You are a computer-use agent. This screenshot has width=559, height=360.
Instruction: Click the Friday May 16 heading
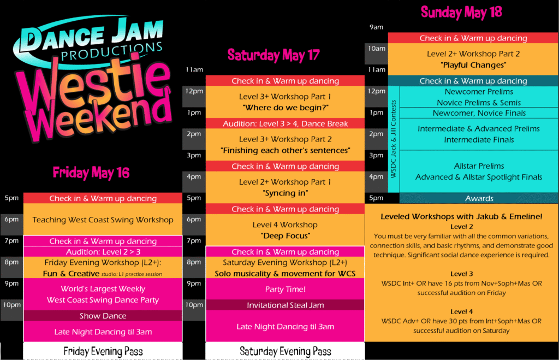(91, 173)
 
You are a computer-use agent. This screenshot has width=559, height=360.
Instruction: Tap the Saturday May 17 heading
(273, 55)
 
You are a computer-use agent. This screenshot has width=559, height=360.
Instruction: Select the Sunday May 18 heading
(461, 12)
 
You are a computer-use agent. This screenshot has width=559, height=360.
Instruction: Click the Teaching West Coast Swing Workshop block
(103, 220)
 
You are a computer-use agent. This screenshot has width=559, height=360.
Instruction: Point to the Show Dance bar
(103, 316)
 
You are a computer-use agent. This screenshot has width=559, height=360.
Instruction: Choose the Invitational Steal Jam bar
(285, 305)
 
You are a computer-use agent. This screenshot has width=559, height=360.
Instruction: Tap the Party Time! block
(285, 289)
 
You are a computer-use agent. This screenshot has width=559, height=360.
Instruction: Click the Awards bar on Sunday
(479, 198)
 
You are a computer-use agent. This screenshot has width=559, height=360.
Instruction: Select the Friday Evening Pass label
(103, 351)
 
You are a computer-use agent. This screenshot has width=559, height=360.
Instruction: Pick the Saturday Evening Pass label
(285, 351)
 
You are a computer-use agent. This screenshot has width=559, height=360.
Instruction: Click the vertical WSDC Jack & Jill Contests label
(394, 139)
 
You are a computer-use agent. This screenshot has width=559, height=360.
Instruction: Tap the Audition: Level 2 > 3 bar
(103, 252)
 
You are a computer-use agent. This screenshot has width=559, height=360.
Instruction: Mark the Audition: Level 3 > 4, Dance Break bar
(285, 123)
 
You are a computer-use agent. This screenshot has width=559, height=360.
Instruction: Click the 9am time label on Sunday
(377, 27)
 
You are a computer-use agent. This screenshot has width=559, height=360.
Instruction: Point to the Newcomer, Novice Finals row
(479, 113)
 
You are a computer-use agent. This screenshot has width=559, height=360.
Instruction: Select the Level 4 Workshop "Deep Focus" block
(285, 230)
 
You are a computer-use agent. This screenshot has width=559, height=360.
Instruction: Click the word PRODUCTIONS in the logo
(111, 52)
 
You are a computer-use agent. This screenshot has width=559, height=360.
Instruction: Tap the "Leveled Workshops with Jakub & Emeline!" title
(461, 216)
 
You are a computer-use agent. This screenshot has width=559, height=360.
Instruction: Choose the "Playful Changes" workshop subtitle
(473, 65)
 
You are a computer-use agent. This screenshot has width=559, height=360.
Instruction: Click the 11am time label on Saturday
(194, 70)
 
